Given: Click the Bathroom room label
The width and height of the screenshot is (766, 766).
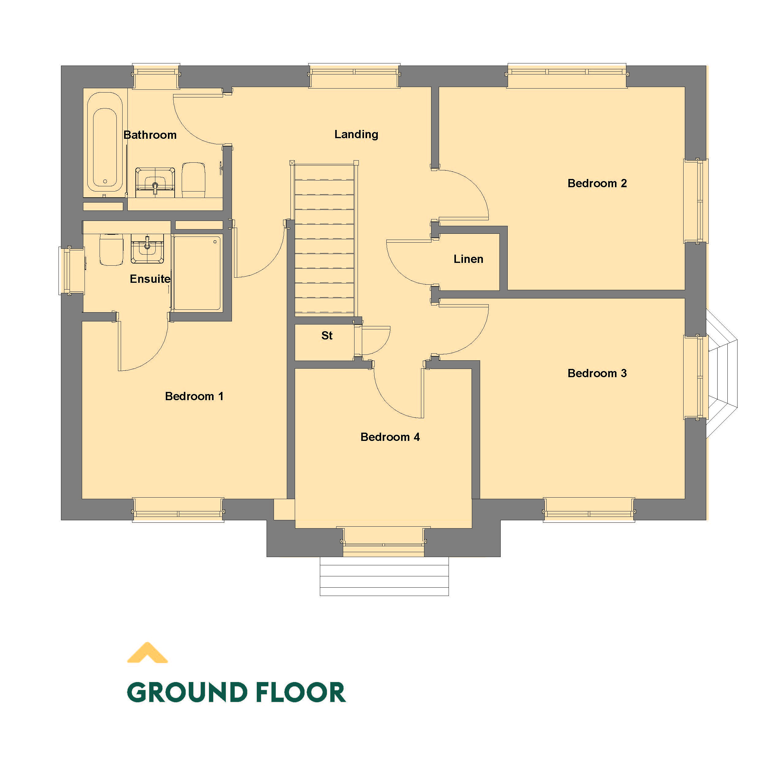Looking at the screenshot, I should pyautogui.click(x=150, y=135).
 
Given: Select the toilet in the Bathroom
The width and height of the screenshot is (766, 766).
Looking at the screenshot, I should pyautogui.click(x=193, y=179).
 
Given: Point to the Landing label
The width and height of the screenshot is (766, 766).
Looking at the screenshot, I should pyautogui.click(x=356, y=135).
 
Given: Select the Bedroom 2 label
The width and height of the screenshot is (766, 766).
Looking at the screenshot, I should pyautogui.click(x=597, y=183).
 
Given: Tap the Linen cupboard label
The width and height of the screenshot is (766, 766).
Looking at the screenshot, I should pyautogui.click(x=468, y=259).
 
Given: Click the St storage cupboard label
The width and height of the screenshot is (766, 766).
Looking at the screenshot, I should pyautogui.click(x=327, y=336).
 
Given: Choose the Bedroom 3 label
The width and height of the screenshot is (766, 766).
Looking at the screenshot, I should pyautogui.click(x=597, y=373).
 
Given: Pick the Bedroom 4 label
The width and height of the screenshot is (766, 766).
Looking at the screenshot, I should pyautogui.click(x=390, y=437).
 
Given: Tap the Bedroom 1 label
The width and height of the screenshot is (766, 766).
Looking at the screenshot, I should pyautogui.click(x=194, y=396).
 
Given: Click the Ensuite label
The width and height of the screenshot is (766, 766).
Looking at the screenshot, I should pyautogui.click(x=150, y=279).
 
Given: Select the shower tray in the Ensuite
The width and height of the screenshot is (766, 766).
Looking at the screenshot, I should pyautogui.click(x=197, y=273).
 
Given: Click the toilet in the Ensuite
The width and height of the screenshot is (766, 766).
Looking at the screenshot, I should pyautogui.click(x=112, y=250).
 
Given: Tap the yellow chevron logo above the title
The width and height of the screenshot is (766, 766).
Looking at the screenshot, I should pyautogui.click(x=147, y=653).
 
